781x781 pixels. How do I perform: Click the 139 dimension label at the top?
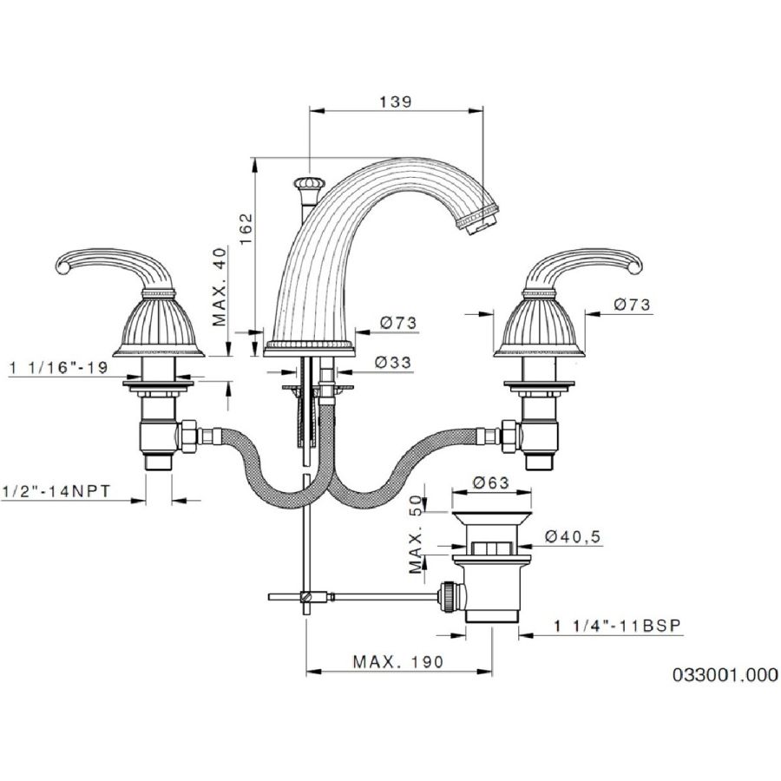pyautogui.click(x=396, y=102)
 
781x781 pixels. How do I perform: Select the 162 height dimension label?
pyautogui.click(x=246, y=228)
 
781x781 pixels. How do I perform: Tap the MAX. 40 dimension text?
pyautogui.click(x=220, y=286)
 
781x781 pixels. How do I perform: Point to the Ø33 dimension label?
pyautogui.click(x=393, y=362)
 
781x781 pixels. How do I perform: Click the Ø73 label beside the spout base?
pyautogui.click(x=398, y=323)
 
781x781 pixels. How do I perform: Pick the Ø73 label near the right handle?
pyautogui.click(x=632, y=305)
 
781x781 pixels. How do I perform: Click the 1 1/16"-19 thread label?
pyautogui.click(x=59, y=368)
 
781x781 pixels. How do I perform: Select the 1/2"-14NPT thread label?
pyautogui.click(x=56, y=492)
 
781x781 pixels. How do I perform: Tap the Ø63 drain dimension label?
pyautogui.click(x=491, y=482)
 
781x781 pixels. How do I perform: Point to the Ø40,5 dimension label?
pyautogui.click(x=574, y=536)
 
